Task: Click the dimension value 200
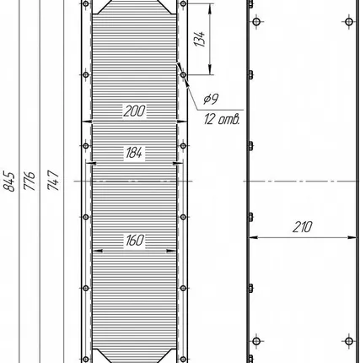click(x=135, y=111)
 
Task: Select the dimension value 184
click(x=134, y=153)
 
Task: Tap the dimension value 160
click(x=135, y=241)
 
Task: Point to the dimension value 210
click(x=303, y=227)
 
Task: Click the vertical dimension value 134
click(x=200, y=39)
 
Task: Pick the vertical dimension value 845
click(x=9, y=181)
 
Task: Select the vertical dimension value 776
click(x=30, y=181)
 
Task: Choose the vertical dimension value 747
click(x=53, y=180)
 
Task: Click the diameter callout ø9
click(x=211, y=99)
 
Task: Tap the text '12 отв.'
click(x=223, y=119)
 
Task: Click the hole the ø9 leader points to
click(x=183, y=75)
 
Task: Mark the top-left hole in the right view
click(x=256, y=22)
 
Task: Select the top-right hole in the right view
click(x=349, y=22)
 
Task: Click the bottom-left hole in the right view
click(x=256, y=341)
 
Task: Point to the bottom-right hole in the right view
click(x=349, y=341)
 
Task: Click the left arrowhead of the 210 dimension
click(x=253, y=237)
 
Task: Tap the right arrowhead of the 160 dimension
click(x=171, y=251)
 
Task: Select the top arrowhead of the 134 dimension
click(x=210, y=8)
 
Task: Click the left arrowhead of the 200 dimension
click(x=87, y=122)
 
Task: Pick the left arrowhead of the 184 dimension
click(x=91, y=163)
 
